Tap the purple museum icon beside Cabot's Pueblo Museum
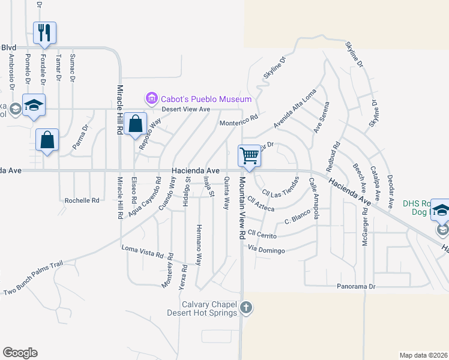pos(151,98)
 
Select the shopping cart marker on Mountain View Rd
pos(249,155)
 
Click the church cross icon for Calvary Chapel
pos(246,308)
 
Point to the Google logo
pos(20,353)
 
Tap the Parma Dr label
pos(80,137)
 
